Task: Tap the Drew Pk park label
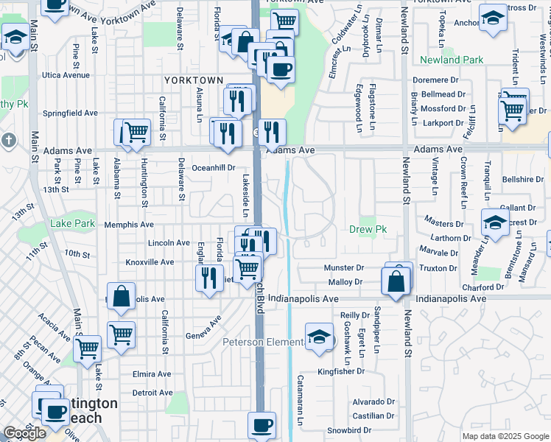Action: [368, 230]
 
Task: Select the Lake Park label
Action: [73, 223]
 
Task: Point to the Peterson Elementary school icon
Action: [318, 337]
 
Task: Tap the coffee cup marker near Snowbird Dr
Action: [263, 424]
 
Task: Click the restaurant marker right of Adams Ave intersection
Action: [272, 132]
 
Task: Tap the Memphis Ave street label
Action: [129, 225]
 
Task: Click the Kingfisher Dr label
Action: [341, 371]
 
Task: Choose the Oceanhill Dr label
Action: [213, 168]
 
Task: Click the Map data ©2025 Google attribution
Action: [505, 436]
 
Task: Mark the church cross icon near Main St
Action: [8, 139]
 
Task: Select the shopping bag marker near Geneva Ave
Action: [122, 295]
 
